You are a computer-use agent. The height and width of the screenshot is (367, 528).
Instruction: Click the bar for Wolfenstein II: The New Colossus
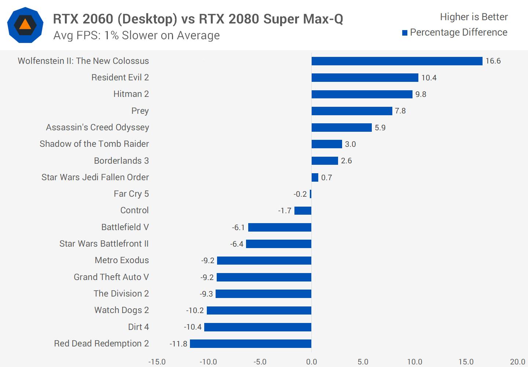(x=397, y=61)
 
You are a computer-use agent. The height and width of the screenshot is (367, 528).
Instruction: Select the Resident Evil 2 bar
(x=365, y=77)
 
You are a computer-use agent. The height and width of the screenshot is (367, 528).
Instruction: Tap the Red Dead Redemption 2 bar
(x=250, y=344)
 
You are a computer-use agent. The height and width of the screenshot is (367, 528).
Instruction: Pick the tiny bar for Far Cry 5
(x=311, y=194)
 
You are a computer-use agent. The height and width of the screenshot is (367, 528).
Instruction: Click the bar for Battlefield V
(x=280, y=227)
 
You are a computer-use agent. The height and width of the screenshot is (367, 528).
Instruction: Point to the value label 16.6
(x=493, y=61)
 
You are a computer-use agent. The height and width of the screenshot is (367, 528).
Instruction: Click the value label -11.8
(x=179, y=344)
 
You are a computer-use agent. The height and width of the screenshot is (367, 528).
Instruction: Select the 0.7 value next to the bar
(x=326, y=178)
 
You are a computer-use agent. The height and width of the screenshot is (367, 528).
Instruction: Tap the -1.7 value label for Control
(x=285, y=211)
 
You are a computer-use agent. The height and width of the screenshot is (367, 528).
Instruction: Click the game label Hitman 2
(x=131, y=94)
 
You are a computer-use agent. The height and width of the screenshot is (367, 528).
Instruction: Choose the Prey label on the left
(x=140, y=111)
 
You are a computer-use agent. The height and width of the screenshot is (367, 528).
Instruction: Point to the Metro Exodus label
(x=122, y=260)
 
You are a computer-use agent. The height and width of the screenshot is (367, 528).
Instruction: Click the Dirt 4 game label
(x=138, y=327)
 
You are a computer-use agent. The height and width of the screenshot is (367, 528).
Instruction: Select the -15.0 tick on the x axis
(x=157, y=362)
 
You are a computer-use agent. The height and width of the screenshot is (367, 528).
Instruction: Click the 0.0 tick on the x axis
(x=311, y=362)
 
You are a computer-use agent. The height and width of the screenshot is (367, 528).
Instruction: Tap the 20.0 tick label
(x=517, y=362)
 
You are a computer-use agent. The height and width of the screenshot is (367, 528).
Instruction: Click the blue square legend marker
(x=405, y=33)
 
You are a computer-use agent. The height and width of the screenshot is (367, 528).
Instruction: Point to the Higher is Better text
(x=474, y=17)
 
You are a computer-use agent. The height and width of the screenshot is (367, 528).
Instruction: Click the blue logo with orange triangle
(x=25, y=25)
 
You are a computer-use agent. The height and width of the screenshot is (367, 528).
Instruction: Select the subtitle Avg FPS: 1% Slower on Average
(x=136, y=36)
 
